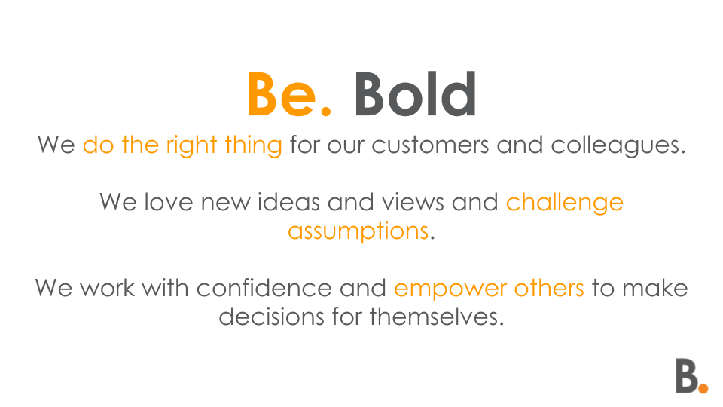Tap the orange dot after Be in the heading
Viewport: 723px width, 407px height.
(x=325, y=110)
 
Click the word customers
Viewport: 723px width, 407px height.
(x=430, y=145)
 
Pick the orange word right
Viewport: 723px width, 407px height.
(x=191, y=145)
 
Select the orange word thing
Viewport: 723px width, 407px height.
(x=253, y=145)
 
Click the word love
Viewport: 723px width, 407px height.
(x=169, y=202)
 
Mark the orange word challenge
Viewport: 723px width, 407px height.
(x=565, y=203)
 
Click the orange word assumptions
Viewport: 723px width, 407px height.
(x=358, y=231)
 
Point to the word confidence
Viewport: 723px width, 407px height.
(x=264, y=288)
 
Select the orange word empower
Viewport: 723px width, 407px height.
(x=450, y=289)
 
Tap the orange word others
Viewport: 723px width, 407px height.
(x=549, y=288)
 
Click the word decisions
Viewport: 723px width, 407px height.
(x=272, y=317)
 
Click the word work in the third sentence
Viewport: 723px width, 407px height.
(x=107, y=288)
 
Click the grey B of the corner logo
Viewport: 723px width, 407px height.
(x=687, y=376)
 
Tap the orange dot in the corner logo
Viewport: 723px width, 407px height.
(x=703, y=389)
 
